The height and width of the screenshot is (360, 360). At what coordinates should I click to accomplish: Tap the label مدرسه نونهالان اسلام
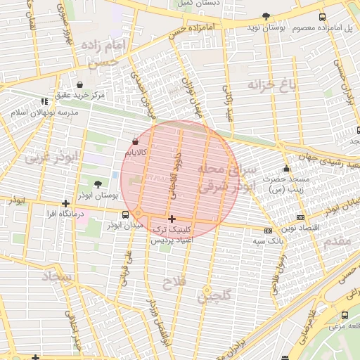point(44,112)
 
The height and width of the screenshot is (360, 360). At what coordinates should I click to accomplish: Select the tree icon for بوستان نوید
point(266,16)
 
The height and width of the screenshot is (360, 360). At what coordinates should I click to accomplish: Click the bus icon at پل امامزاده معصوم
point(322,17)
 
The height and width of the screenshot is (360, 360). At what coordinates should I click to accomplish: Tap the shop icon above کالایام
point(135,141)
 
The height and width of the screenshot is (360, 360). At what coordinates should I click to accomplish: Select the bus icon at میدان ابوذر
point(125,214)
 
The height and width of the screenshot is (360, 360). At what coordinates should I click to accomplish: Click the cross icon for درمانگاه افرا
point(65,203)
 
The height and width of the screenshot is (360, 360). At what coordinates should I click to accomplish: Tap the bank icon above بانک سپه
point(268,230)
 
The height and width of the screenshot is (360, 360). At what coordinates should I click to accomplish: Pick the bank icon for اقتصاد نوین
point(300,218)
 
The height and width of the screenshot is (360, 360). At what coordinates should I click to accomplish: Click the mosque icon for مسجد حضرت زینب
point(285,169)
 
